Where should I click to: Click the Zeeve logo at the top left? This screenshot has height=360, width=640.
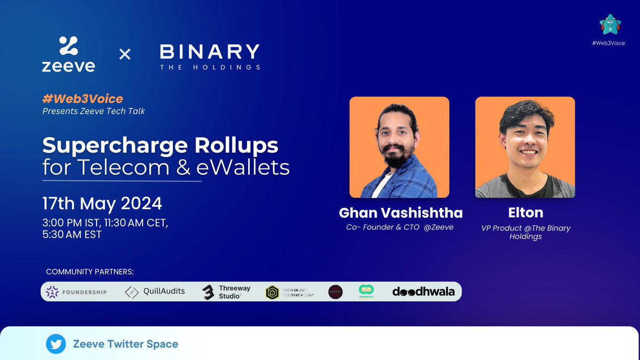[x=68, y=54]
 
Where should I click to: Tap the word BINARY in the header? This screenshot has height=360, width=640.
[x=210, y=52]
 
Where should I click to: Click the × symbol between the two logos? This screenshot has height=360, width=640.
[x=124, y=54]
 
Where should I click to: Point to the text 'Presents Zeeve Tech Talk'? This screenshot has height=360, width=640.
[x=94, y=111]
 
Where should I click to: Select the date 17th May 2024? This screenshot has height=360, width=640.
[x=102, y=203]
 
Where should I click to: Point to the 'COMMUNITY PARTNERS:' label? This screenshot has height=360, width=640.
[x=90, y=272]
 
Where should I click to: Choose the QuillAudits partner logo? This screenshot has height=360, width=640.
[x=155, y=292]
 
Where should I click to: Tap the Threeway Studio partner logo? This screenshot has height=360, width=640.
[x=223, y=292]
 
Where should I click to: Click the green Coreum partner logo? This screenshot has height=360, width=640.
[x=366, y=291]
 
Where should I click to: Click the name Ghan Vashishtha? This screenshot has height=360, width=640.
[x=401, y=213]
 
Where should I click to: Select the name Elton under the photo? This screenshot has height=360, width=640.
[x=525, y=213]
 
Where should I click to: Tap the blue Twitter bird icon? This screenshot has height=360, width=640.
[x=55, y=344]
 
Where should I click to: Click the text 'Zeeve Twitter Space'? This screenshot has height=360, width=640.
[x=125, y=344]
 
